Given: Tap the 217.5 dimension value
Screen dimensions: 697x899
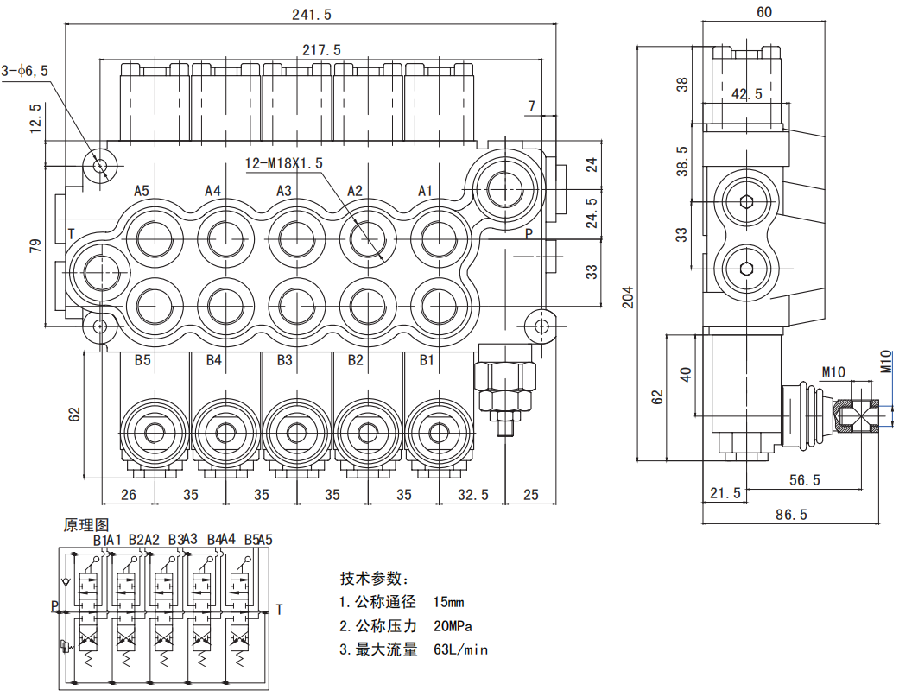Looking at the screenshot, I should (x=321, y=50).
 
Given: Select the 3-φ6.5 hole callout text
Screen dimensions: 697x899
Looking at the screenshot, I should (x=25, y=70).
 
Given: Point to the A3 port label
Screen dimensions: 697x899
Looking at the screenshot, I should (x=284, y=190).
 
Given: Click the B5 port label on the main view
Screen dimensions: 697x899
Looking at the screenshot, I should (x=142, y=360).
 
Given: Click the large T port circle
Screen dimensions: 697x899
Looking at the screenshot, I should (x=97, y=269).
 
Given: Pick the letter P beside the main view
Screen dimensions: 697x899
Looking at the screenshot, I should (x=529, y=233).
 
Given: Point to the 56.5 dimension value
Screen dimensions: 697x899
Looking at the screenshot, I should (x=805, y=479).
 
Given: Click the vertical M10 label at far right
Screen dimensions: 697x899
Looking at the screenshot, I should (x=886, y=360).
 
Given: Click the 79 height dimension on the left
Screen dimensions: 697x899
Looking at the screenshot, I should (x=35, y=247).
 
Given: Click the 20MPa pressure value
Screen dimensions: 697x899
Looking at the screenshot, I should (x=456, y=626).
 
